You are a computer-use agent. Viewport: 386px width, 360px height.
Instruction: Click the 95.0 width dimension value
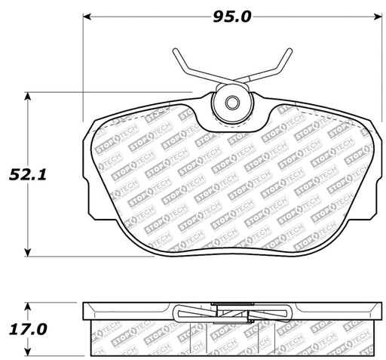pos(232,17)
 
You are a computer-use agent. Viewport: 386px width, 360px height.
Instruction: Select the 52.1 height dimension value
pos(28,174)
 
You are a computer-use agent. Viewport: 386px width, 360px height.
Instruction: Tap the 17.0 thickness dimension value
pos(28,329)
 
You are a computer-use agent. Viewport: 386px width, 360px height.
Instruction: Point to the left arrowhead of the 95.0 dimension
pos(87,17)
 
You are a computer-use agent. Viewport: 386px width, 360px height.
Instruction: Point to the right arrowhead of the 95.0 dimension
pos(378,17)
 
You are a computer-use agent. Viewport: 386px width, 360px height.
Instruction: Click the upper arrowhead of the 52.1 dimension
pos(28,97)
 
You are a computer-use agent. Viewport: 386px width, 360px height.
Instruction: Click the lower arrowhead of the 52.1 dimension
pos(28,252)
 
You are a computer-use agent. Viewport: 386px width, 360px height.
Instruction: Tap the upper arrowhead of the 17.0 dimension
pos(28,306)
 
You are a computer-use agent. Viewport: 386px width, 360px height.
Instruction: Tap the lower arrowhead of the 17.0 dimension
pos(28,352)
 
